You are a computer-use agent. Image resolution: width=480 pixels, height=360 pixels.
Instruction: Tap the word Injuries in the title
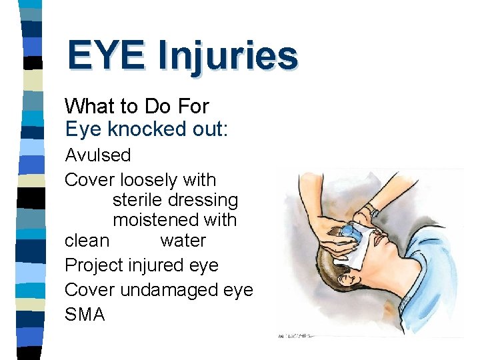click(x=229, y=56)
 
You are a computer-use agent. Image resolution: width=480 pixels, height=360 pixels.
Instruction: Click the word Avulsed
click(x=97, y=155)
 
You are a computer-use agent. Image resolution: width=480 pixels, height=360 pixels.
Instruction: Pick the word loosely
click(x=151, y=180)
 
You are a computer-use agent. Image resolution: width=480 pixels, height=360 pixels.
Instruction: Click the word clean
click(x=87, y=240)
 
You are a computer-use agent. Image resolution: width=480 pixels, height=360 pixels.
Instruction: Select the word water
click(x=183, y=240)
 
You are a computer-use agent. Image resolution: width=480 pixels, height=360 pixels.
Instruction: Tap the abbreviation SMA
click(x=85, y=315)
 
